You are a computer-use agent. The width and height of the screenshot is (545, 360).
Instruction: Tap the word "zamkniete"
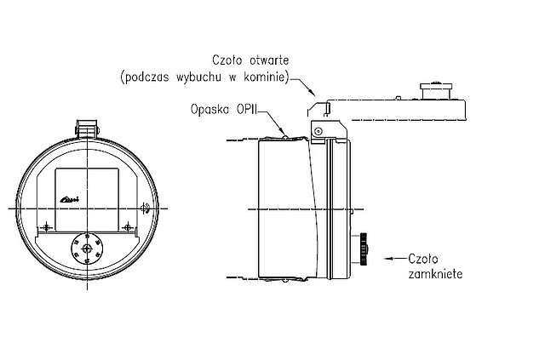(x=435, y=275)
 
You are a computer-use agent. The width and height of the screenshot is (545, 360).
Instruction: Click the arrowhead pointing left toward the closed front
(x=390, y=256)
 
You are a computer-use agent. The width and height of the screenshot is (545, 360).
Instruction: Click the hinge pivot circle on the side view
(x=315, y=129)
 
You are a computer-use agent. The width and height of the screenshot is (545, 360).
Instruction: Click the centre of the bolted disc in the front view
(x=87, y=247)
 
